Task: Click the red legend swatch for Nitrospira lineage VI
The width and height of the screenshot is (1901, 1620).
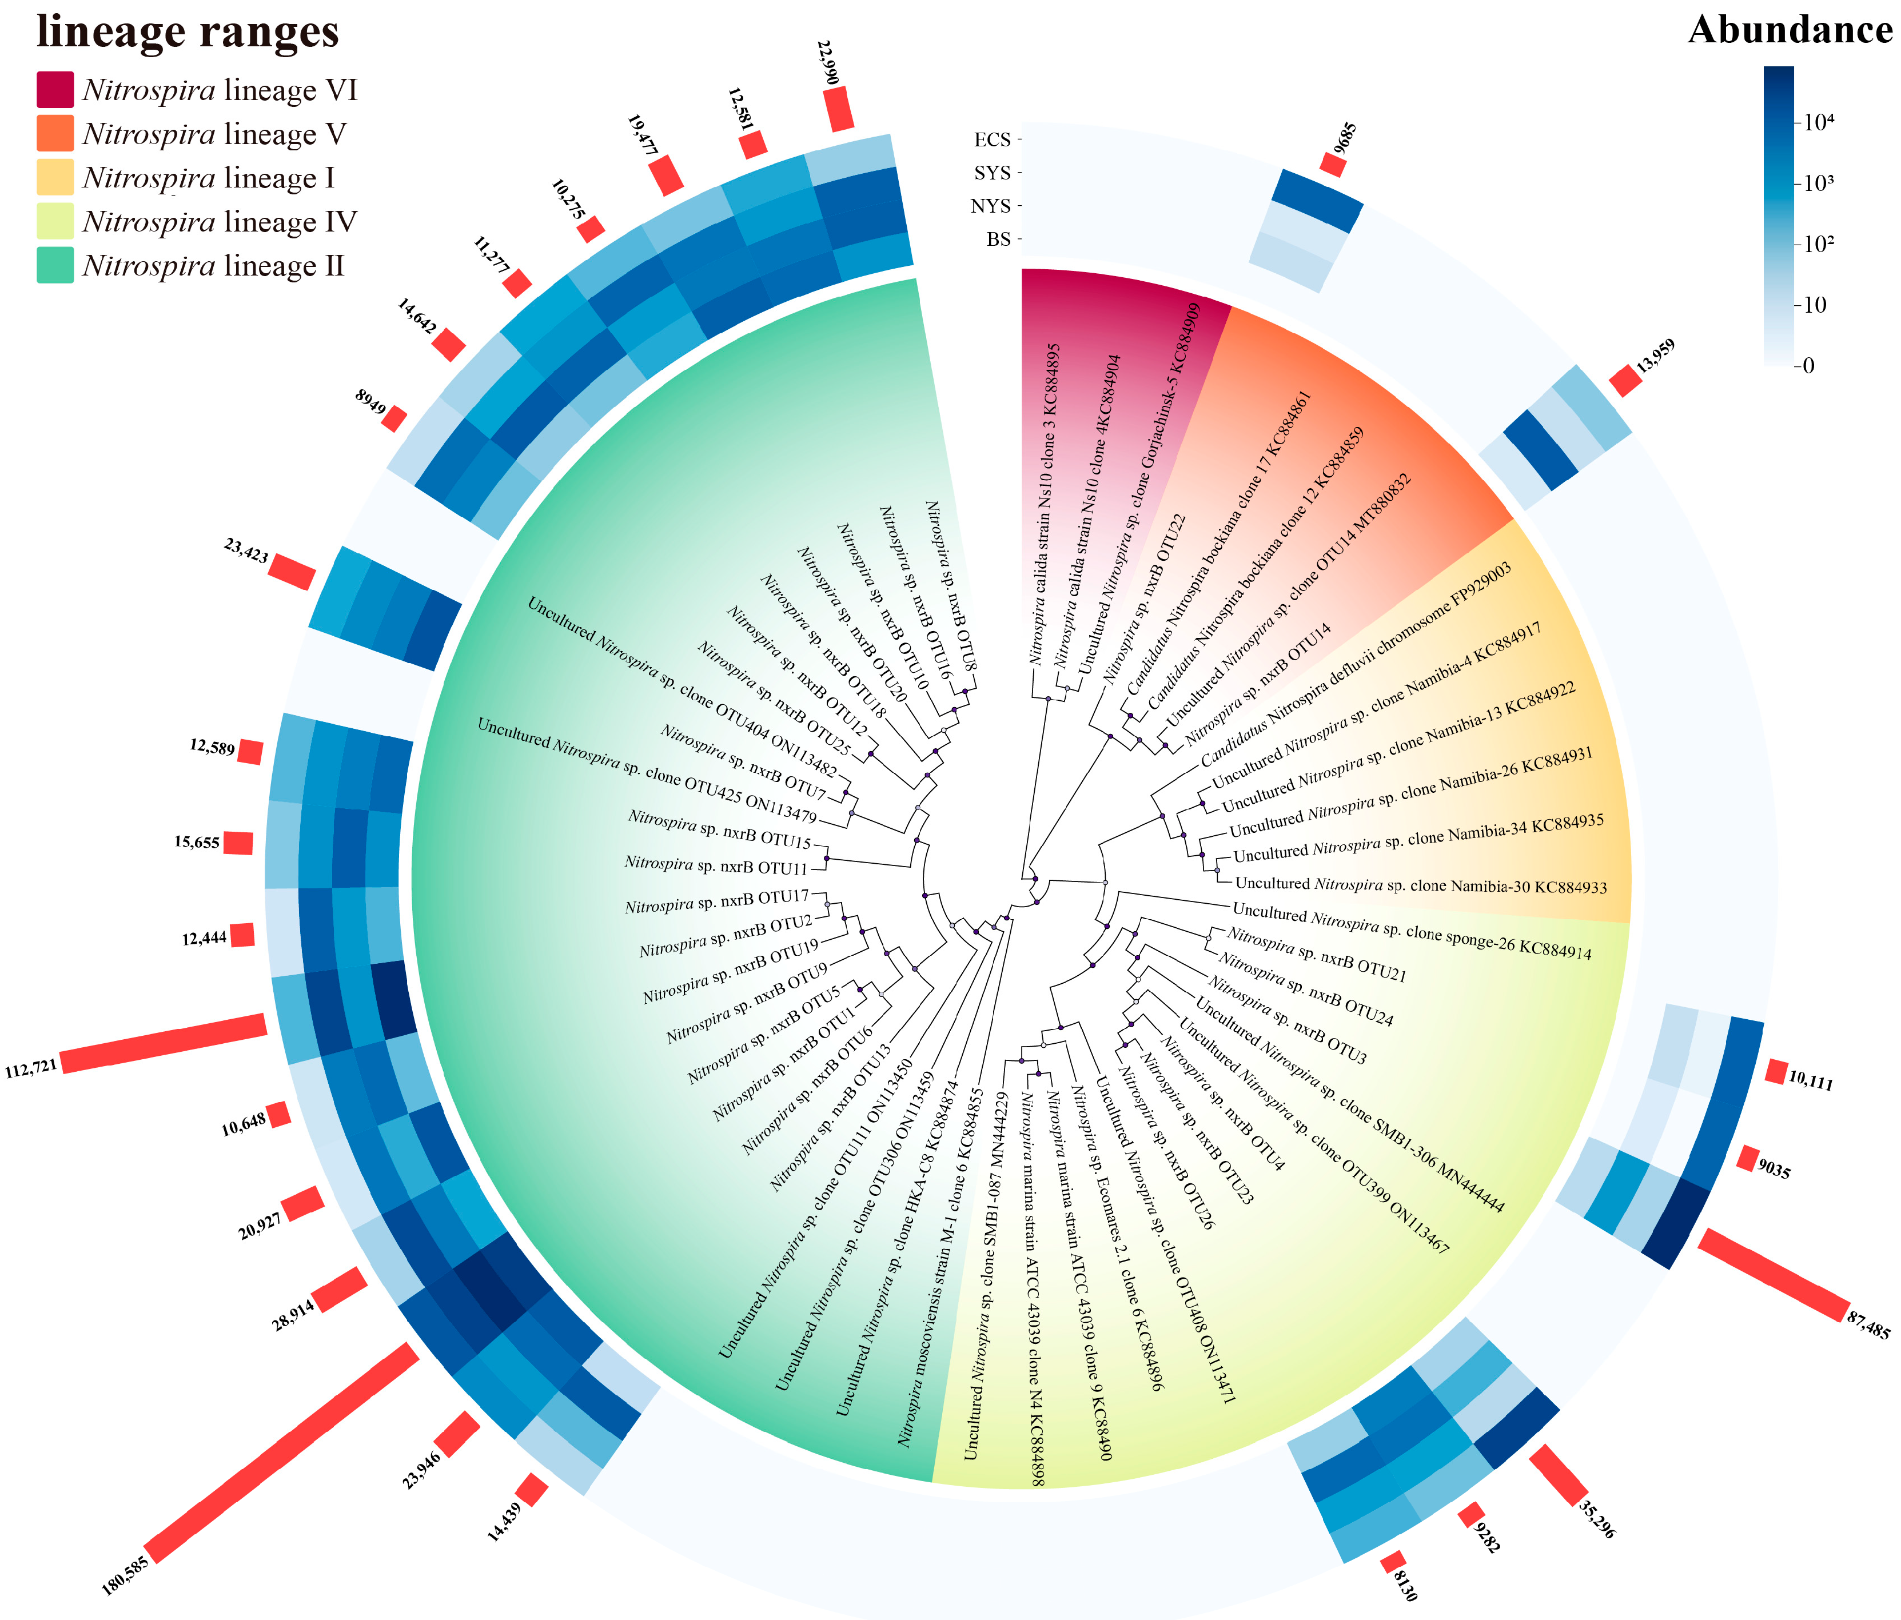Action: [x=55, y=90]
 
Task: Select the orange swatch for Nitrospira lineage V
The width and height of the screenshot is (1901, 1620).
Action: [x=55, y=134]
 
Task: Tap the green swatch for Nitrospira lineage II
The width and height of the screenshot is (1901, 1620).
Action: [x=55, y=266]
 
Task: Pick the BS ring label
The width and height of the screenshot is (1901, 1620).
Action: [x=998, y=240]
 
